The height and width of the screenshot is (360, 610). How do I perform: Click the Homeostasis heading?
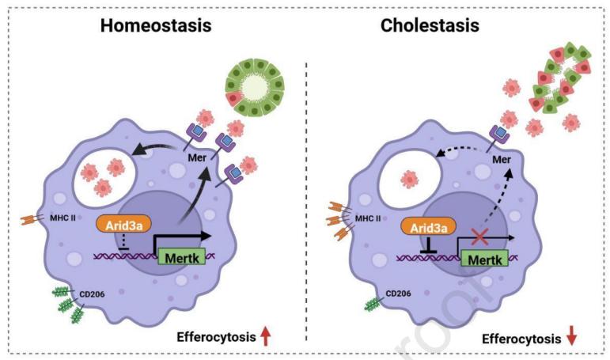[x=156, y=25]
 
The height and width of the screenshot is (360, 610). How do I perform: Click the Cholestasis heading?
[x=430, y=25]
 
